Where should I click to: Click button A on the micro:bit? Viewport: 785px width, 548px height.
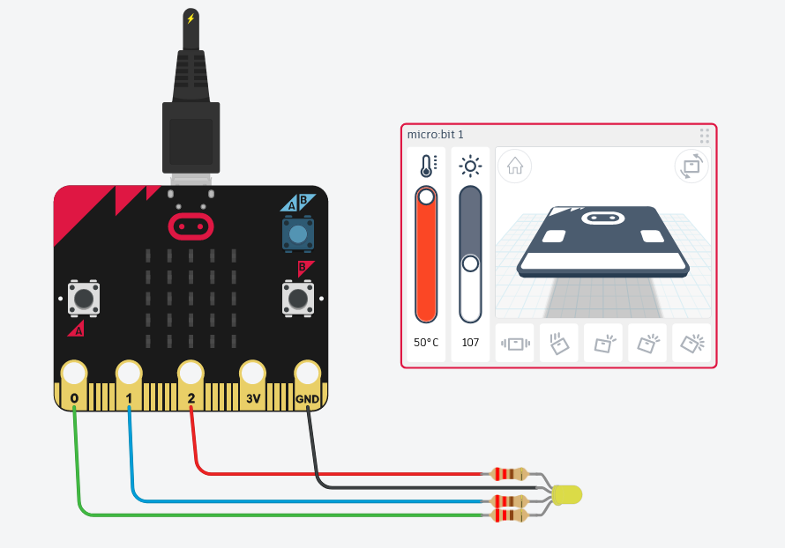click(x=84, y=298)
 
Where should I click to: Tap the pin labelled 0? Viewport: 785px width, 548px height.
click(x=74, y=374)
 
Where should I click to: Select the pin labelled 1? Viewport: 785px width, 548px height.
click(x=129, y=374)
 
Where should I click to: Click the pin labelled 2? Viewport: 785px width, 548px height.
click(x=191, y=374)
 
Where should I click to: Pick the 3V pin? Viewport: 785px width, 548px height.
click(x=252, y=374)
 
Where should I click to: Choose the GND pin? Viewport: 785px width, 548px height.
click(x=307, y=374)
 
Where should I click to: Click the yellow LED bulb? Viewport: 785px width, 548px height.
click(x=567, y=494)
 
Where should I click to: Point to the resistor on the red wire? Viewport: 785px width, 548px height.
click(x=509, y=474)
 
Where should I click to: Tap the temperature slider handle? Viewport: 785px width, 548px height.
click(x=427, y=196)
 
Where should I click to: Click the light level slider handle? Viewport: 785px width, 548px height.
click(x=470, y=263)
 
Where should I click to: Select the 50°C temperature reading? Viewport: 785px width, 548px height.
click(x=426, y=342)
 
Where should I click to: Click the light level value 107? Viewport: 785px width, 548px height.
click(x=470, y=342)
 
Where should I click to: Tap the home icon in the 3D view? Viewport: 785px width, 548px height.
click(x=514, y=166)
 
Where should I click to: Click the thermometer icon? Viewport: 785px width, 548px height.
click(x=427, y=166)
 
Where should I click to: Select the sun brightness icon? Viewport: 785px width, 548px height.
click(x=470, y=166)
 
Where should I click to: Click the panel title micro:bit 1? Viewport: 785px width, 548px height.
click(x=436, y=135)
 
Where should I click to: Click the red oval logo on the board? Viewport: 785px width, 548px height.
click(x=191, y=226)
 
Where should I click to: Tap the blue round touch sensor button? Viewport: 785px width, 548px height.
click(x=298, y=234)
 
